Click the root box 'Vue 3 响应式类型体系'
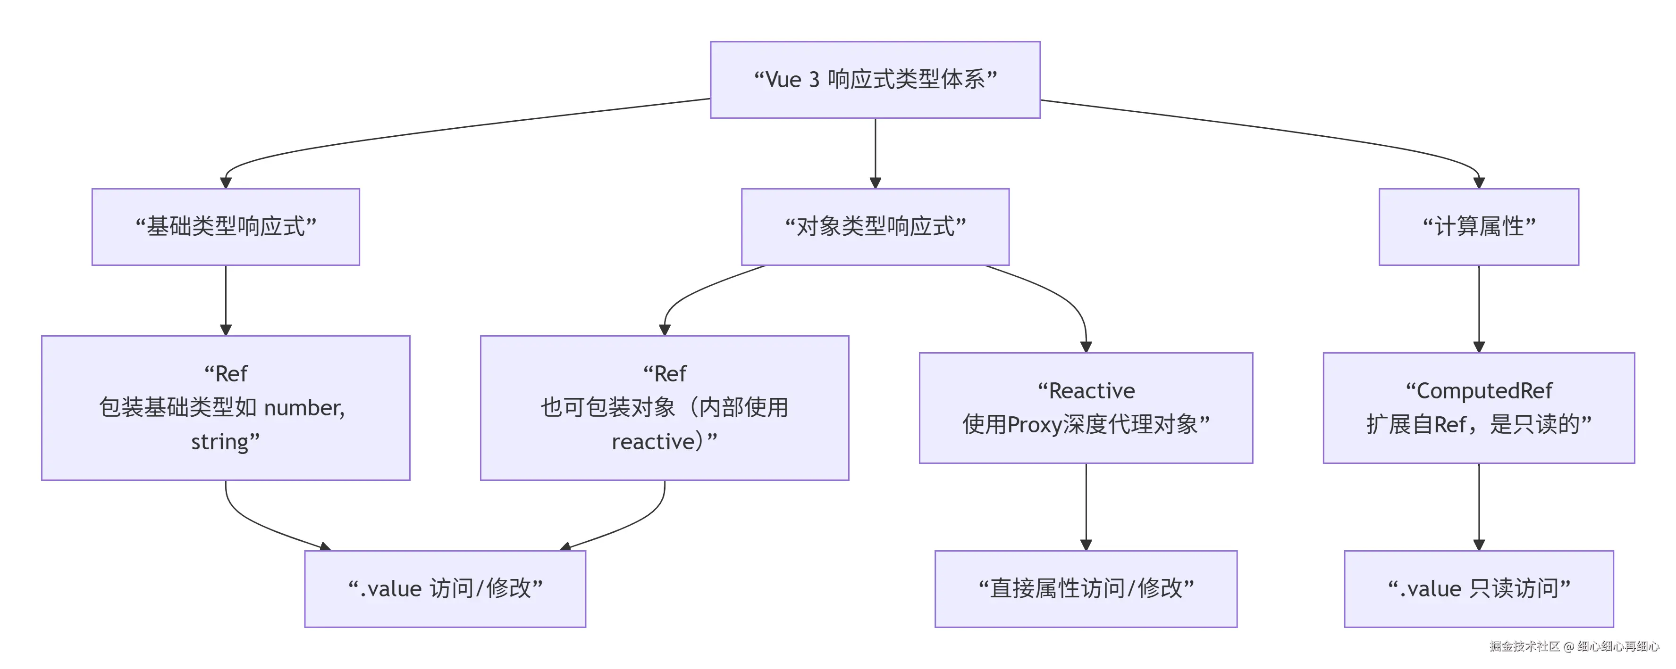coord(875,79)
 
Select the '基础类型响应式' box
coord(225,226)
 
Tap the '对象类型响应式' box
coord(875,226)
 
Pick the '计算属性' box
coord(1478,226)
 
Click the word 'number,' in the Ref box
coord(304,408)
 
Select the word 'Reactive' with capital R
coord(1091,391)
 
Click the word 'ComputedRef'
coord(1484,391)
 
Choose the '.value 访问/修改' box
coord(445,588)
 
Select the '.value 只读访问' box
coord(1478,588)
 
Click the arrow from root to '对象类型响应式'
coord(875,153)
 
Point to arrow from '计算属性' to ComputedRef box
coord(1478,309)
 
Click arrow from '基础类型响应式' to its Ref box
coord(226,300)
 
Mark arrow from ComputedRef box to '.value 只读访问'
coord(1478,507)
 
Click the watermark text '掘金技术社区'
coord(1524,646)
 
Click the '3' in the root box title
coord(814,79)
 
